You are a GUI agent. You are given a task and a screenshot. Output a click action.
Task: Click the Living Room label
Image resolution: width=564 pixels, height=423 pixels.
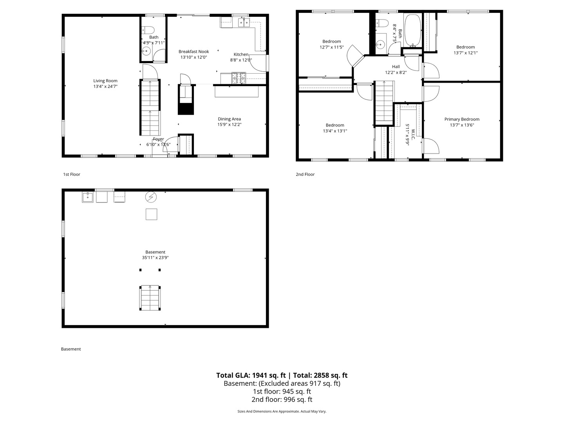click(105, 81)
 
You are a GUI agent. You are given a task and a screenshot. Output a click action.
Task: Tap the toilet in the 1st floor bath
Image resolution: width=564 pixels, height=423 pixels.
click(148, 30)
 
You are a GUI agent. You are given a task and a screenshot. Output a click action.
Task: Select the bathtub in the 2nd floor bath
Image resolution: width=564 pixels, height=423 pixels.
click(413, 30)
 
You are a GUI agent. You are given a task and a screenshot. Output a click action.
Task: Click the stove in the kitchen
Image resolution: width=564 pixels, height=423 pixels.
click(239, 78)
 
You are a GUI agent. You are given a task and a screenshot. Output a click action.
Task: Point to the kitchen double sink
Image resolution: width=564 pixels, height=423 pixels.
click(244, 23)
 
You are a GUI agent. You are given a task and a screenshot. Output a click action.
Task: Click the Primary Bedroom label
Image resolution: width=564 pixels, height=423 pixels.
click(462, 119)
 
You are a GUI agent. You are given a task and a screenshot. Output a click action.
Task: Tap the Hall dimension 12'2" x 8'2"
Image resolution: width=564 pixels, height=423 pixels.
click(396, 72)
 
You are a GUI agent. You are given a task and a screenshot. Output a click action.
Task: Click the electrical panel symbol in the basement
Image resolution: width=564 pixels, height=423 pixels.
click(151, 197)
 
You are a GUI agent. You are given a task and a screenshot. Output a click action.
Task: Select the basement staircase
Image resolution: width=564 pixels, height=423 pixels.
click(150, 298)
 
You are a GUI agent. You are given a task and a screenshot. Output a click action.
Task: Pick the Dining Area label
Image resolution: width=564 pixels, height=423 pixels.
click(229, 119)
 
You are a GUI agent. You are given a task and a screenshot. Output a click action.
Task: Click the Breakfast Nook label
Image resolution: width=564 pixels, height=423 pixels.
click(194, 52)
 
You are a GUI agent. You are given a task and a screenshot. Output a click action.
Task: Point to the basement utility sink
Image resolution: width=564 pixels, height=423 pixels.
click(88, 197)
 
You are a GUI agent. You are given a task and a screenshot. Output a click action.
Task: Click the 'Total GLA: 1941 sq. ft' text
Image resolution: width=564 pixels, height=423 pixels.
click(251, 375)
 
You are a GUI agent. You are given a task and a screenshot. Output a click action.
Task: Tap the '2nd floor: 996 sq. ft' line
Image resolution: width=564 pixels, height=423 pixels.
click(282, 399)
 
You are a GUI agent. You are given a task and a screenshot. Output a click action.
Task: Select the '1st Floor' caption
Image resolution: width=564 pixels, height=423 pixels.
click(72, 174)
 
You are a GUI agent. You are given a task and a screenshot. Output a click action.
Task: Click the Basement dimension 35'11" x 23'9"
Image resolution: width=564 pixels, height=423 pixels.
click(155, 258)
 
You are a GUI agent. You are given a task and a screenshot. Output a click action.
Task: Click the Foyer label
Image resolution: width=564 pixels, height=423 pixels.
click(158, 139)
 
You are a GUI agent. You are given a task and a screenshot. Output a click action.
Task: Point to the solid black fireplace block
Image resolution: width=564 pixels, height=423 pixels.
click(186, 109)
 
